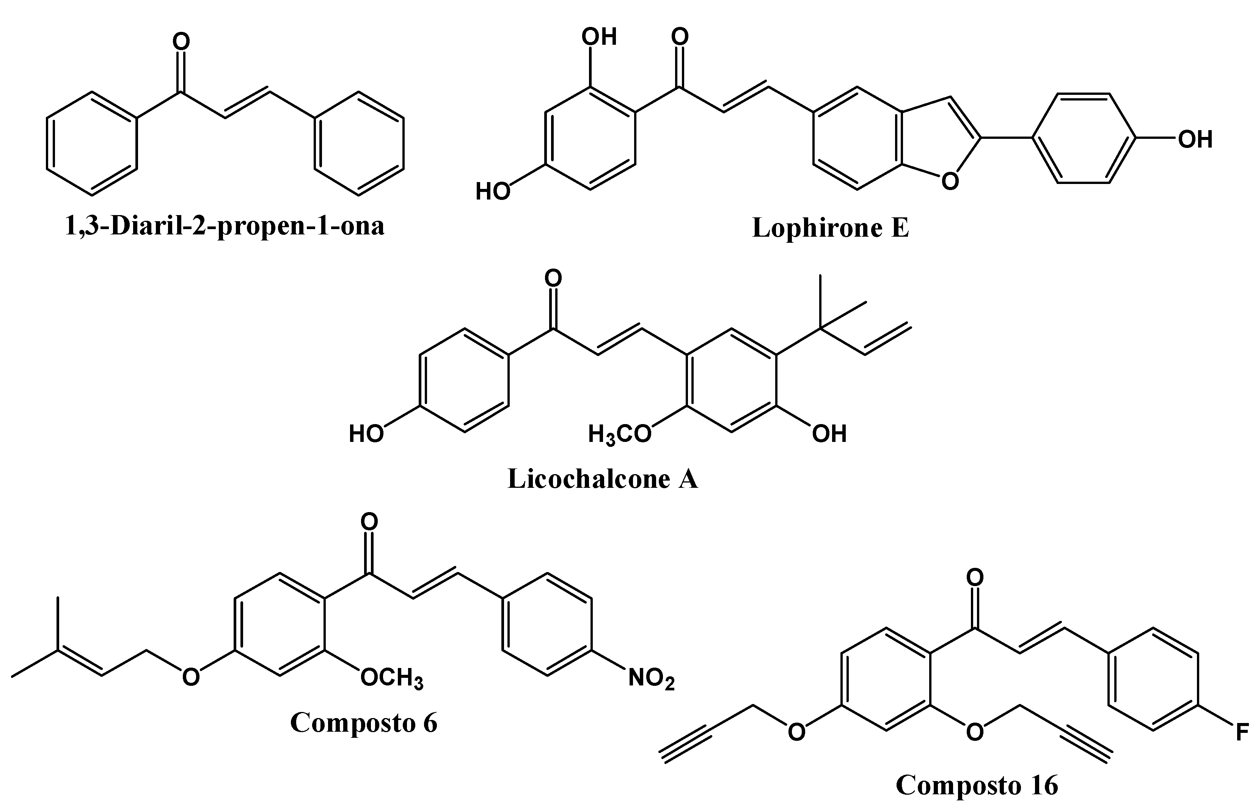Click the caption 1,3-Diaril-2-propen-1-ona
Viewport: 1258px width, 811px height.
click(225, 226)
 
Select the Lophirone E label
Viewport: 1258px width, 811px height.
click(831, 228)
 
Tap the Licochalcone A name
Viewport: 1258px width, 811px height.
click(603, 479)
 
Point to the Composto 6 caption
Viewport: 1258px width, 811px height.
click(364, 723)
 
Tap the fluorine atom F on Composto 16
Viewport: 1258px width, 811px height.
click(1242, 732)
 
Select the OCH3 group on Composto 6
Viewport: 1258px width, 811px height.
click(392, 678)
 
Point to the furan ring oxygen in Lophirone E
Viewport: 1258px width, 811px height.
click(950, 182)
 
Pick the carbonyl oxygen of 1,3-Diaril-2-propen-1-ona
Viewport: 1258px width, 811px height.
click(181, 42)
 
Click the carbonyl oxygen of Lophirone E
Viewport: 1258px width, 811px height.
click(680, 37)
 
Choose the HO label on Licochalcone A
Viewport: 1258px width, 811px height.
click(366, 434)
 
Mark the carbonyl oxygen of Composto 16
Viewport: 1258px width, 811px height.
click(975, 578)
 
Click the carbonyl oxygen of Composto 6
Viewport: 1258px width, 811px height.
click(369, 522)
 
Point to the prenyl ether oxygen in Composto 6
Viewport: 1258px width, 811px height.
click(190, 677)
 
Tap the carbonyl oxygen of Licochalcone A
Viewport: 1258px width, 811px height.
click(553, 278)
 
